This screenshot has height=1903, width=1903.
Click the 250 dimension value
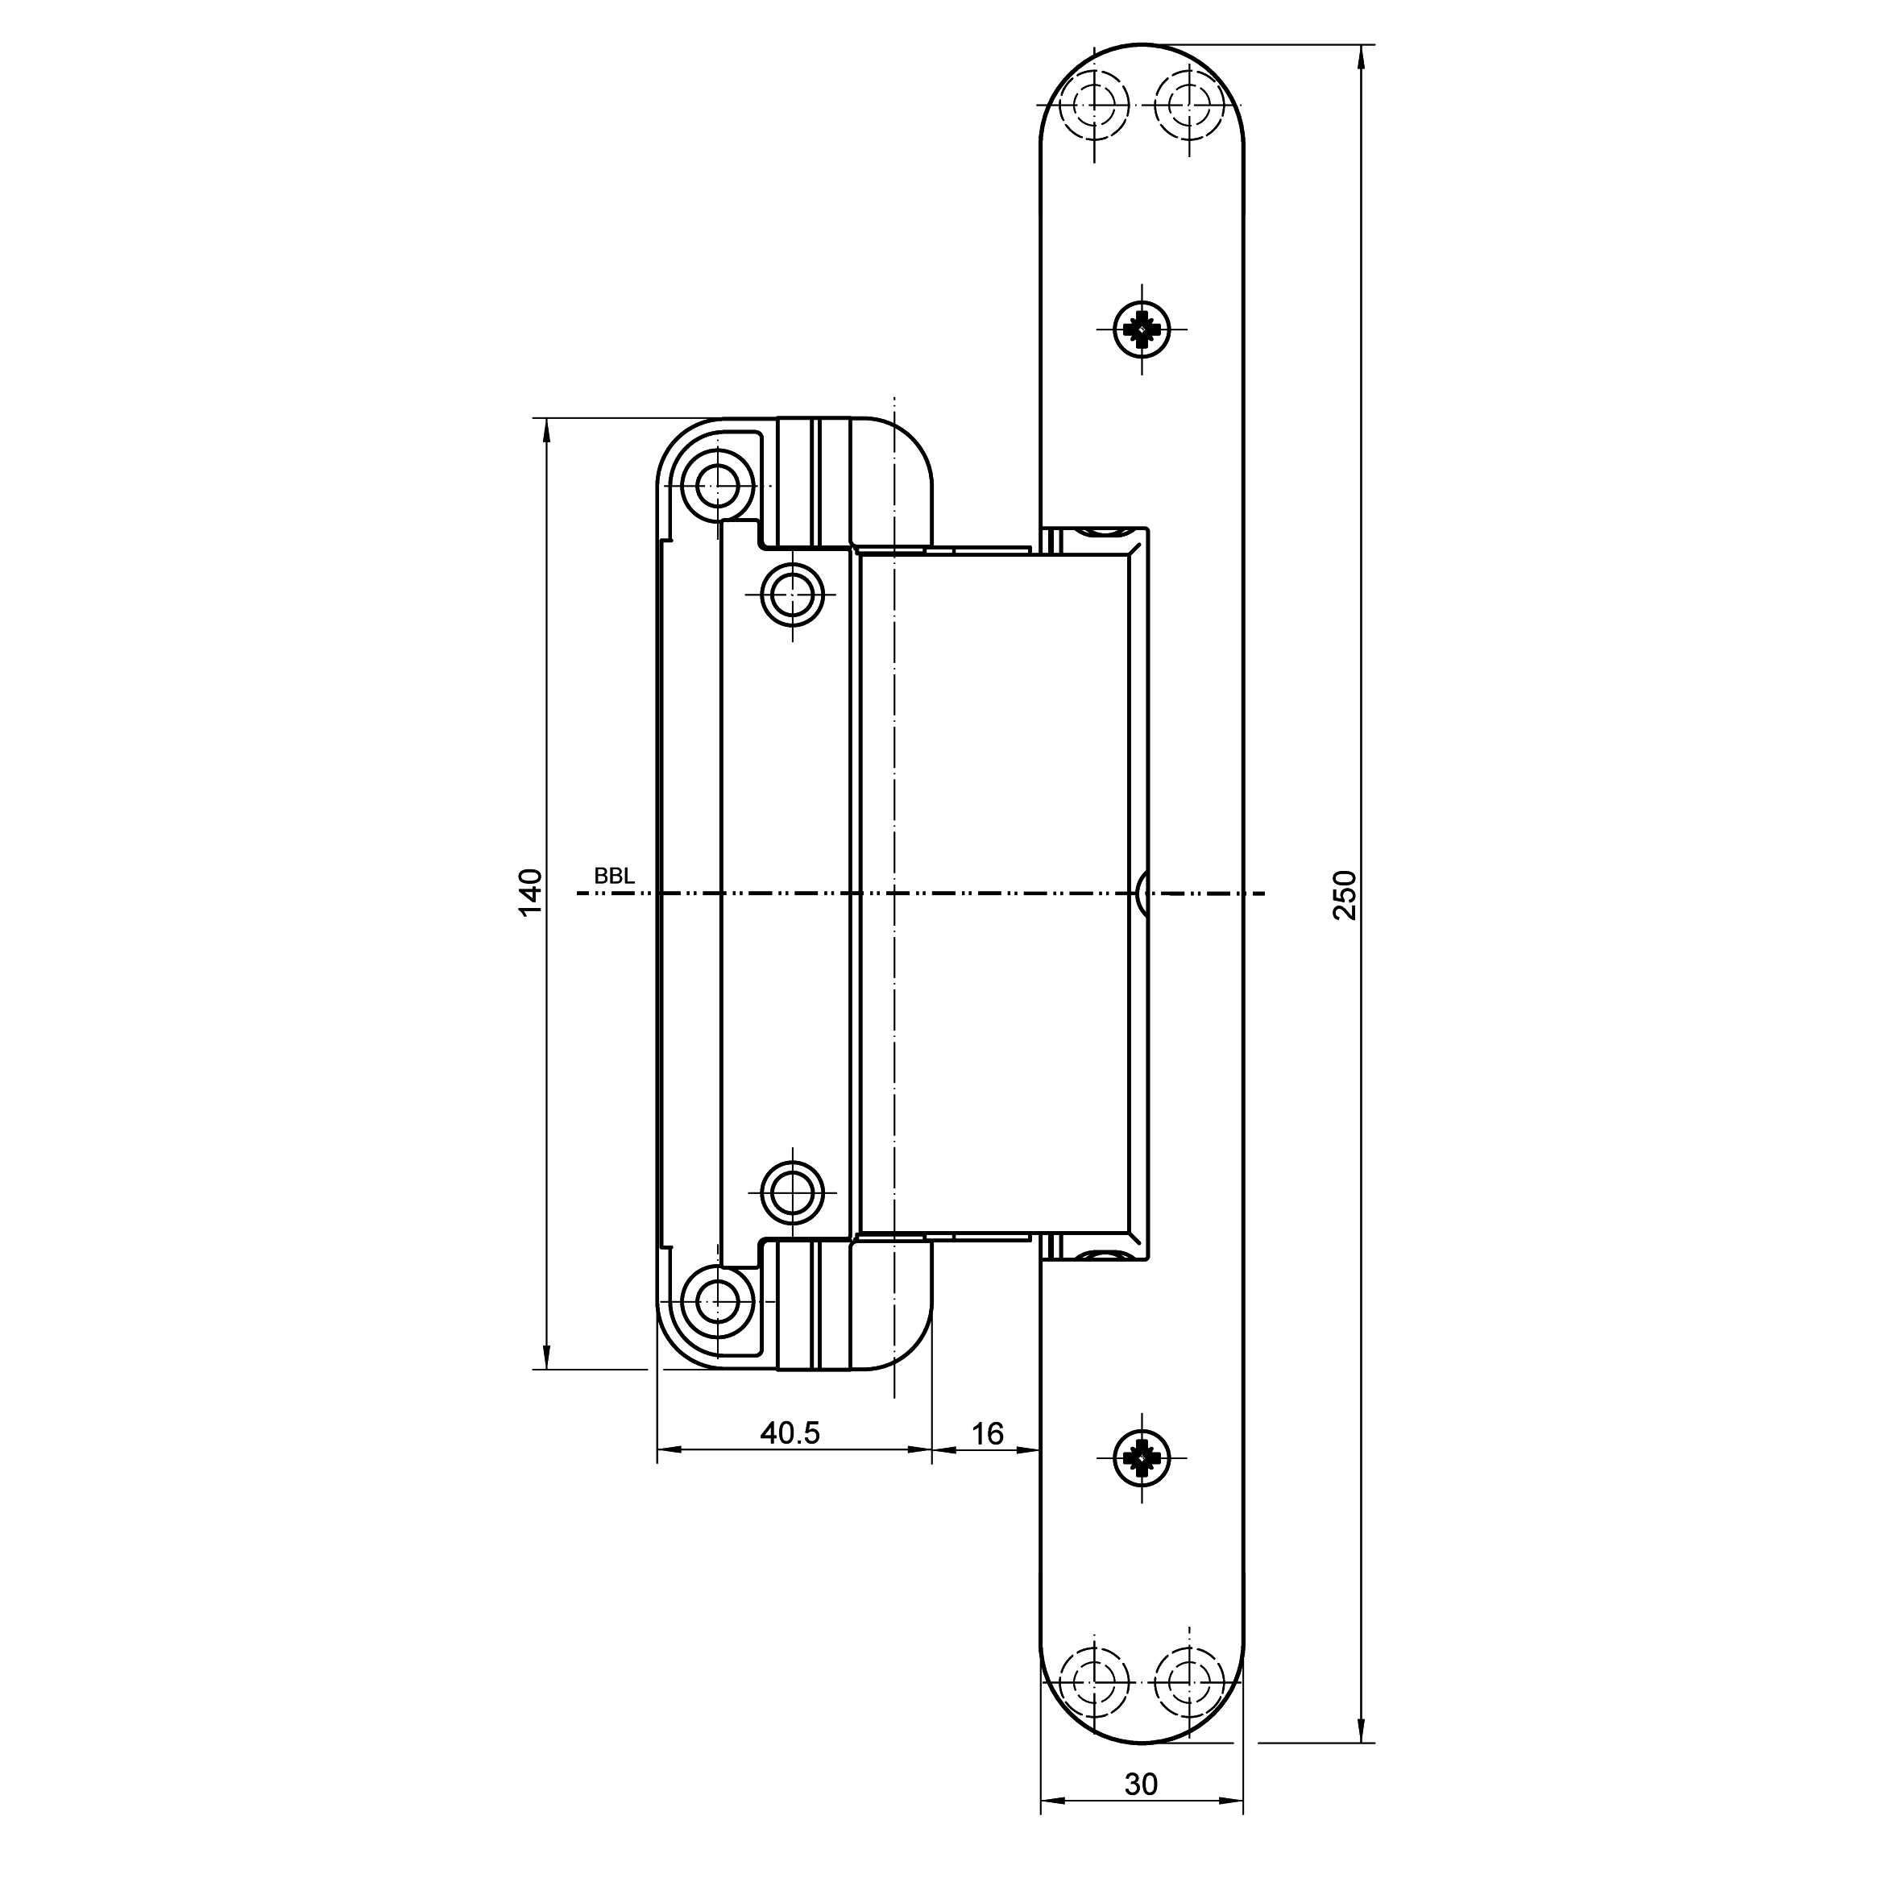pyautogui.click(x=1345, y=894)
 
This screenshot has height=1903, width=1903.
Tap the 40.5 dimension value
pyautogui.click(x=790, y=1433)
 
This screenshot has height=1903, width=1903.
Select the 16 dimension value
pyautogui.click(x=987, y=1433)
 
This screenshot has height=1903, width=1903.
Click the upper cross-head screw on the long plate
pyautogui.click(x=1142, y=329)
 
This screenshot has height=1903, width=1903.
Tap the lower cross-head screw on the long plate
pyautogui.click(x=1142, y=1457)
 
